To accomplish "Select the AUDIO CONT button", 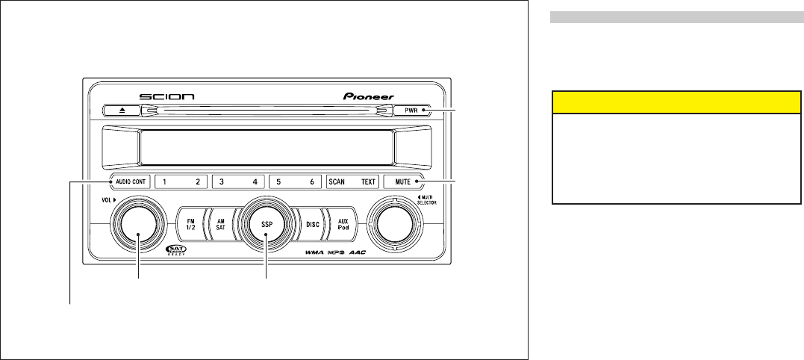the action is tap(130, 181).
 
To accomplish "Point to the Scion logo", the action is tap(167, 96).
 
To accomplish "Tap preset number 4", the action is tap(255, 181).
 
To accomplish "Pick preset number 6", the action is tap(311, 181).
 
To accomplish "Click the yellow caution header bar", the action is tap(671, 102).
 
